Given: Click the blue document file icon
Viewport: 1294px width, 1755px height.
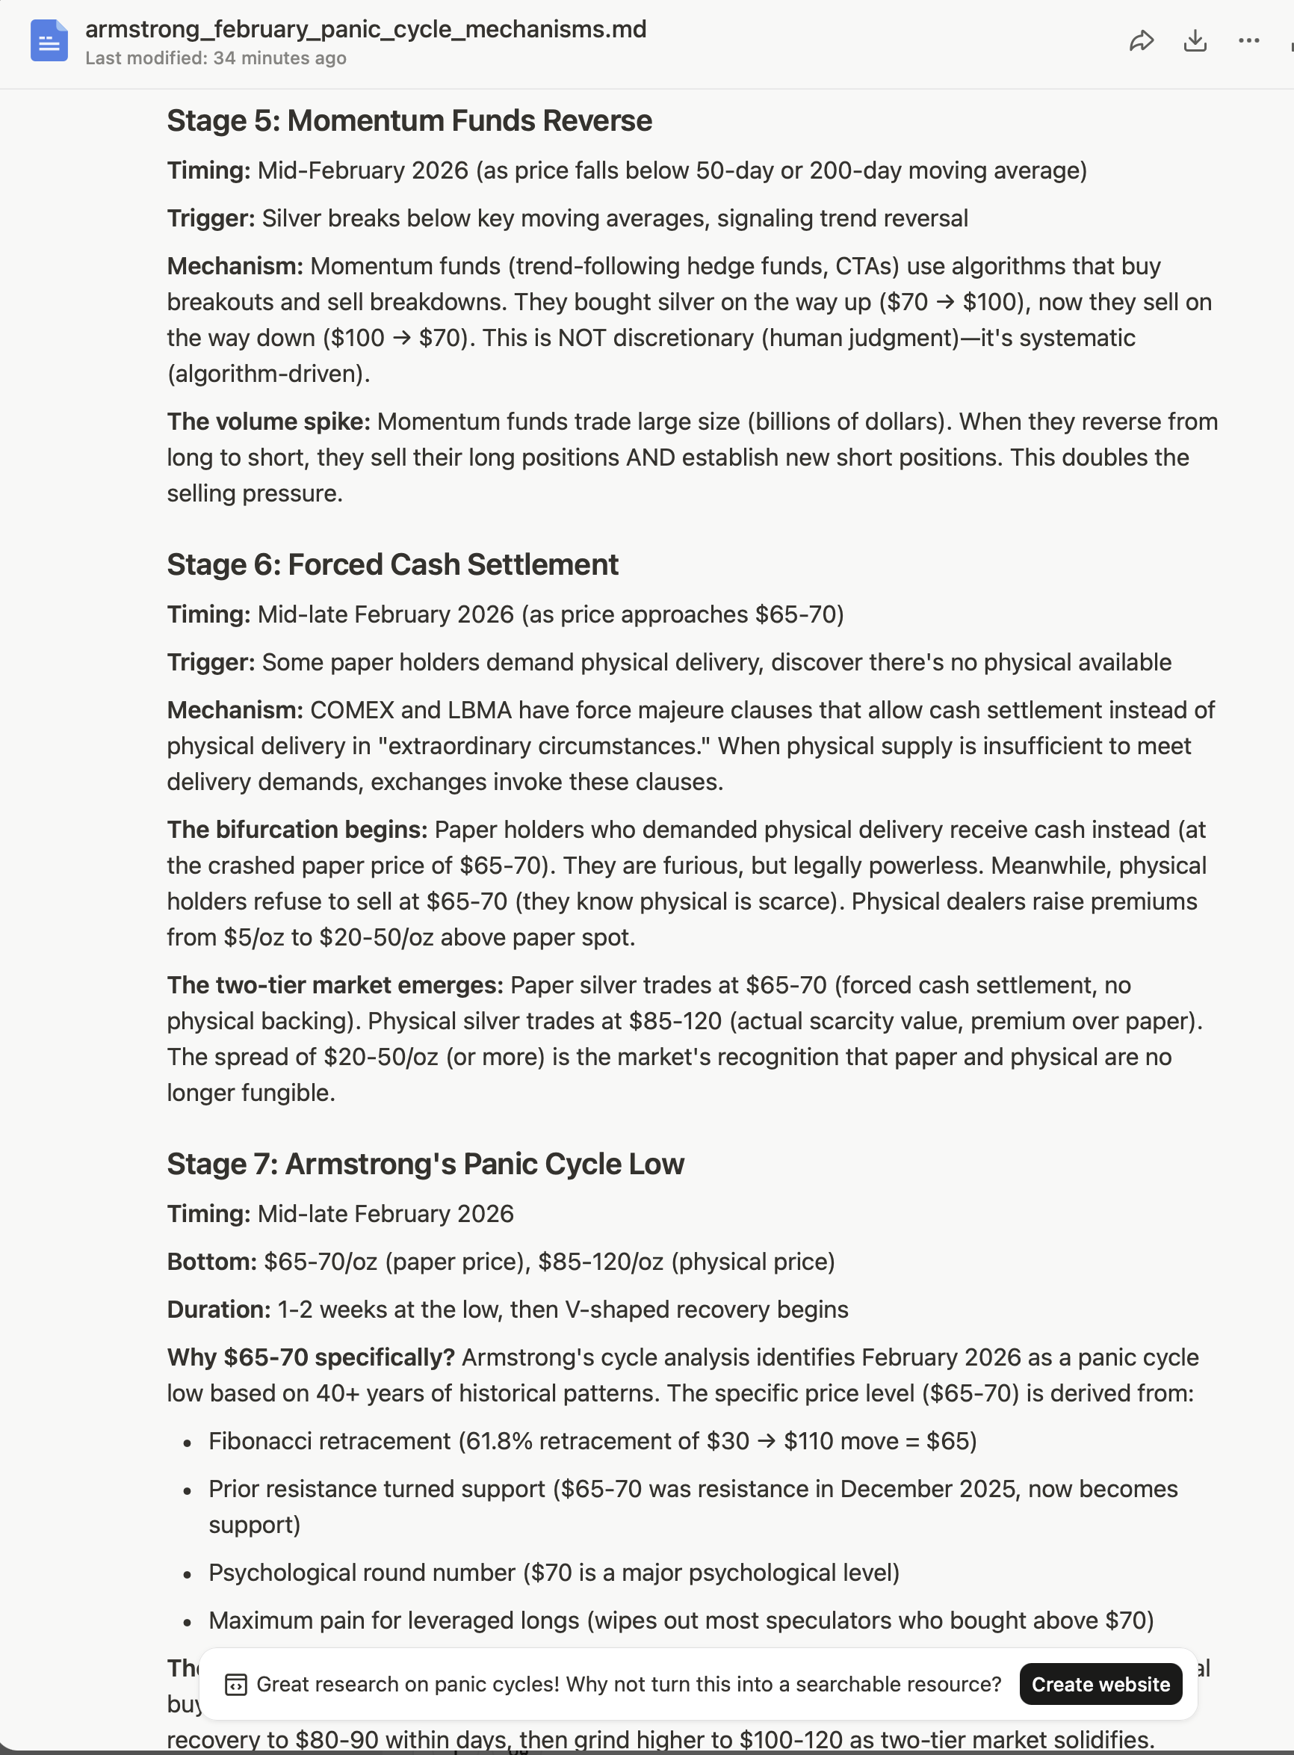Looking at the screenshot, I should (49, 41).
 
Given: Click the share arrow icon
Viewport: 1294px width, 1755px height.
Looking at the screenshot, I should (1142, 41).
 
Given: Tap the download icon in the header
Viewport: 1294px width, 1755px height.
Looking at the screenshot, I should (1195, 41).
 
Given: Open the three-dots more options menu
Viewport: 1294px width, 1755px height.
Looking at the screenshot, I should (1248, 41).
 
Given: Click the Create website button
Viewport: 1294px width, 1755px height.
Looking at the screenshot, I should (1100, 1684).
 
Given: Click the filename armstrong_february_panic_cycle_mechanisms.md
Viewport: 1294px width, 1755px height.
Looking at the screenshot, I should (366, 29).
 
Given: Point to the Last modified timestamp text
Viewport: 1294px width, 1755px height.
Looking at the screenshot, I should (215, 58).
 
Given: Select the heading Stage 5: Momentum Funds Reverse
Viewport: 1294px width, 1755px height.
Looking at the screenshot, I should (409, 120).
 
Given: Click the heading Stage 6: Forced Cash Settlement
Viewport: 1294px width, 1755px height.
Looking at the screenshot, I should (392, 564).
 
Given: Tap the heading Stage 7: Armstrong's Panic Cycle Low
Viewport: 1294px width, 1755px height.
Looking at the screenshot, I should (425, 1164).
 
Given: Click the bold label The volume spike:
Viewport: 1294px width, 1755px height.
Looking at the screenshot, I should (268, 422).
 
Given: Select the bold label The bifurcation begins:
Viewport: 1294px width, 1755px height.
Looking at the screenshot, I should (297, 829).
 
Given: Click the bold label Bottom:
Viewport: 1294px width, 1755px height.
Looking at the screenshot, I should (211, 1262).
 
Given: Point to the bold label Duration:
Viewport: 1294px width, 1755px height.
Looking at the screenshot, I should (219, 1310).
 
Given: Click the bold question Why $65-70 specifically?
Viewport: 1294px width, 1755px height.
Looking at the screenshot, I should (310, 1357).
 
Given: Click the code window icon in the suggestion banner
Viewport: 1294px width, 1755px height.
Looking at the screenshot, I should (236, 1684).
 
